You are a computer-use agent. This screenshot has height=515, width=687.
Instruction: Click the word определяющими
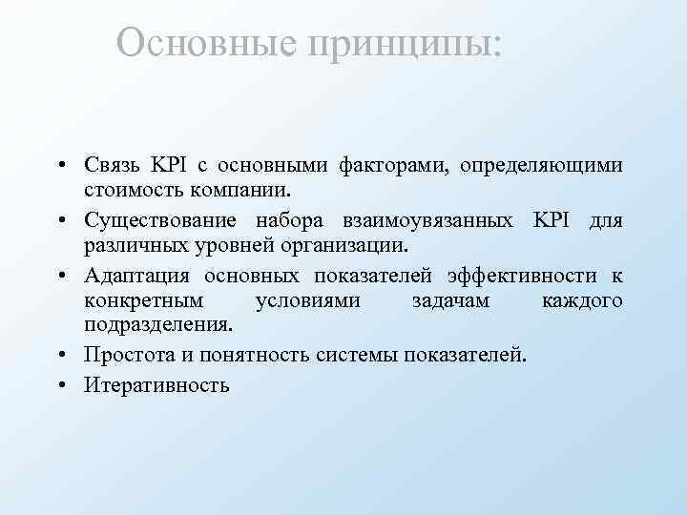541,166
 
